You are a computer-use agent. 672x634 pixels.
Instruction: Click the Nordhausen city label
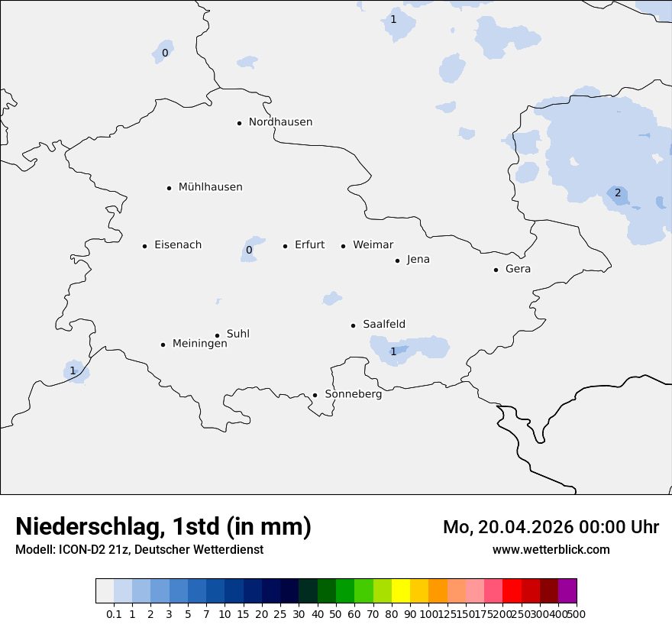pos(280,122)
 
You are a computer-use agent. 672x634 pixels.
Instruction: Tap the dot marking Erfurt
pos(285,246)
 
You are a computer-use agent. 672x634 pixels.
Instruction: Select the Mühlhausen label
pos(210,187)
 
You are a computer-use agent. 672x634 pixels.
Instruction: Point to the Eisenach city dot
pos(144,246)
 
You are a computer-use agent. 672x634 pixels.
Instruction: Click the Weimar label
pos(373,245)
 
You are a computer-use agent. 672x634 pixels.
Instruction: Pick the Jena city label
pos(418,260)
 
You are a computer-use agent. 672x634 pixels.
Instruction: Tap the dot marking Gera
pos(496,270)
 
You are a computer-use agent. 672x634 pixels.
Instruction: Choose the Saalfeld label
pos(384,325)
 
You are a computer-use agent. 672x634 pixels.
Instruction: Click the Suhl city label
pos(238,334)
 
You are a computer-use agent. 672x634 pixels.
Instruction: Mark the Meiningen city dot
pos(163,344)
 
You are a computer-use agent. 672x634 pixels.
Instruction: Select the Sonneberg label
pos(353,394)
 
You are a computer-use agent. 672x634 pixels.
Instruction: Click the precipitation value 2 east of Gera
pos(618,192)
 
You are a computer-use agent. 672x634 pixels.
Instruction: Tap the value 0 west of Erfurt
pos(249,250)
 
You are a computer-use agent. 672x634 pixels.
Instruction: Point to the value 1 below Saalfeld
pos(393,351)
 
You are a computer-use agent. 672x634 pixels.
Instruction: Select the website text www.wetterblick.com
pos(551,549)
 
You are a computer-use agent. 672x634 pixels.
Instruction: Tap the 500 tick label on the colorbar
pos(577,613)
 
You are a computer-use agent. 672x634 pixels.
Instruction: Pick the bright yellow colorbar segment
pos(400,591)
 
